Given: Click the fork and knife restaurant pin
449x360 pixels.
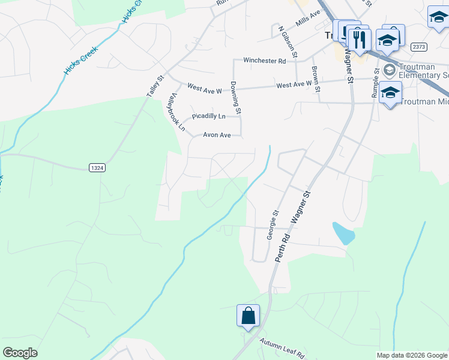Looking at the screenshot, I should point(360,40).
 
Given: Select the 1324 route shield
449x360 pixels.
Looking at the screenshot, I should point(97,168).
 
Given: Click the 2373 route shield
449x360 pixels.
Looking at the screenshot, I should point(418,46).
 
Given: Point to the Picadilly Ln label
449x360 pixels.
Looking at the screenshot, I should point(208,116).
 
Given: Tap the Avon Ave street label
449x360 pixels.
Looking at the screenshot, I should point(217,136).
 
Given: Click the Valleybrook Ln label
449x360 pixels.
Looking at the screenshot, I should point(176,112).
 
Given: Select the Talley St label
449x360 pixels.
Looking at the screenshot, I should point(155,86).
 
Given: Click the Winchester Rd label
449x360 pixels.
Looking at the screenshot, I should point(264,61).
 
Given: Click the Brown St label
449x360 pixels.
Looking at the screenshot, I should point(315,77).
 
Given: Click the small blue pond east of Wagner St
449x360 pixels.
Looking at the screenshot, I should point(343,233).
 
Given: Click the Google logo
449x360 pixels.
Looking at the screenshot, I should point(20,353).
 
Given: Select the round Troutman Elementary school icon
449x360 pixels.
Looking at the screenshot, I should point(390,70).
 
